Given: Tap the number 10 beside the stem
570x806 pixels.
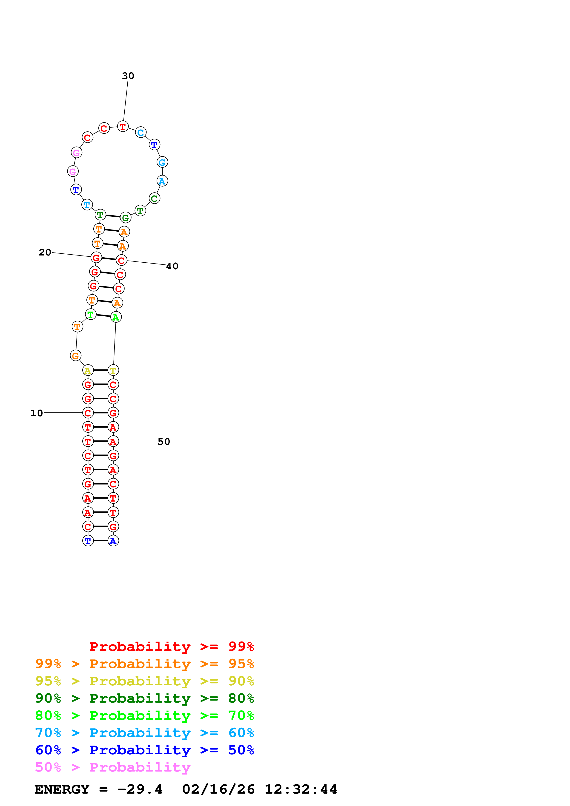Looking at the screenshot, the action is click(x=37, y=413).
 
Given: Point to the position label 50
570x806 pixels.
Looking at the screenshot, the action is click(x=164, y=441).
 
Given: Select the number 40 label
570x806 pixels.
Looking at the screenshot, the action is click(x=172, y=266).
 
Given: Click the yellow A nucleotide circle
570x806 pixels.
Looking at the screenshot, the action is click(x=88, y=370).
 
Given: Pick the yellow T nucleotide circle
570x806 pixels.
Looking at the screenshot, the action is click(x=113, y=370).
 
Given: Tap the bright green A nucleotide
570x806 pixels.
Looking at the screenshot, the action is click(x=116, y=317).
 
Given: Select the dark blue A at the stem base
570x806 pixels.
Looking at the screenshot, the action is click(x=113, y=541).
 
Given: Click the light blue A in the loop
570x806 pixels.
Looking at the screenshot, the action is click(x=162, y=181).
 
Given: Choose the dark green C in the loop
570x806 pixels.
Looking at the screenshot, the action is click(x=155, y=198).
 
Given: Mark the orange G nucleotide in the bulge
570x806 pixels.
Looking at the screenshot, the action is click(x=75, y=356).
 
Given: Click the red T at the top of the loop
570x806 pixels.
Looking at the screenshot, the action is click(x=123, y=126).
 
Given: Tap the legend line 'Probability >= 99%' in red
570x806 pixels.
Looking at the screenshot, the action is click(x=171, y=646).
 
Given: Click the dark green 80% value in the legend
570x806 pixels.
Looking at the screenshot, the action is click(x=241, y=698).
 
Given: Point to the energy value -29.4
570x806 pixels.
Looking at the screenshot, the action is click(x=140, y=789).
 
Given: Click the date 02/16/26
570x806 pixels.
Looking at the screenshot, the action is click(x=218, y=789).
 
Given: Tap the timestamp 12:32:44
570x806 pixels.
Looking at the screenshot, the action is click(x=301, y=789).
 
